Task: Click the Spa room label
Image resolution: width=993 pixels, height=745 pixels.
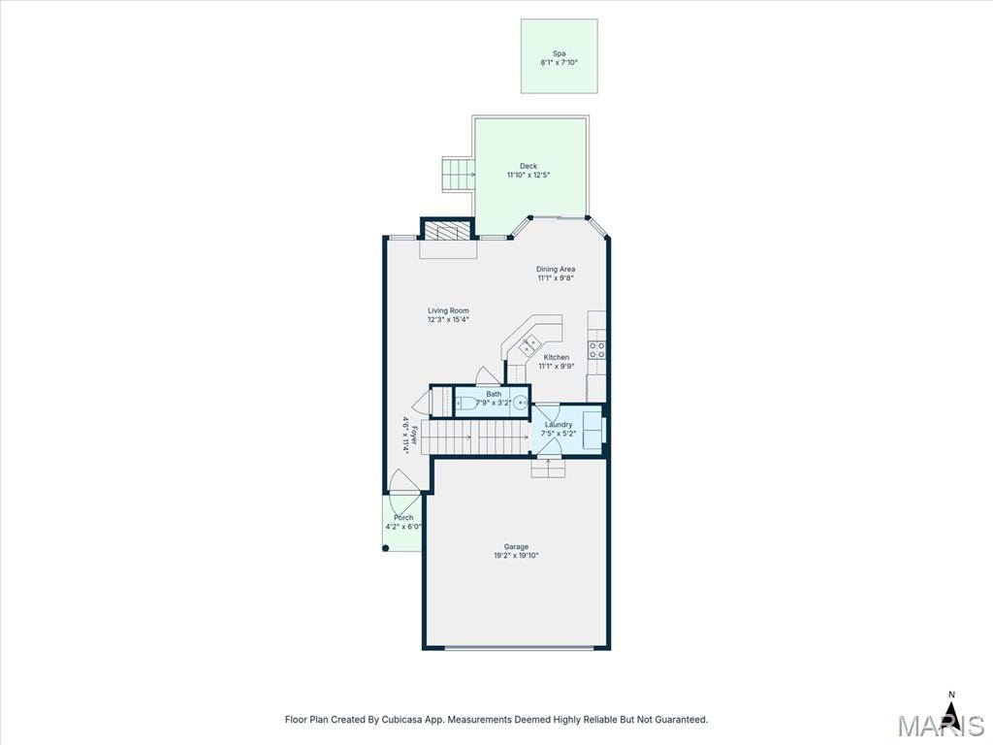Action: (x=559, y=54)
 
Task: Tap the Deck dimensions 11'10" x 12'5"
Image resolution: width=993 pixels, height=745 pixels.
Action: (x=529, y=175)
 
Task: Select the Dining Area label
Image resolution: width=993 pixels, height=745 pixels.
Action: (x=556, y=270)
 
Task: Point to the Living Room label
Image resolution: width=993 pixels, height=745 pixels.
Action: (x=448, y=310)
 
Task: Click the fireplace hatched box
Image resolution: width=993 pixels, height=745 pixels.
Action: (x=448, y=230)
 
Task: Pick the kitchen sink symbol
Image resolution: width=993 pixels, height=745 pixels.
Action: (x=529, y=345)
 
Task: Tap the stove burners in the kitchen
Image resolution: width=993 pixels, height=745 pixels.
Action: (x=596, y=350)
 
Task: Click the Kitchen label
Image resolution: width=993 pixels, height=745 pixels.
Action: (x=556, y=357)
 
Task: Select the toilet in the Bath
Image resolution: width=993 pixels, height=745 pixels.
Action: (x=465, y=403)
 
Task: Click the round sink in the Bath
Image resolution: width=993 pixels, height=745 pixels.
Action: (x=520, y=403)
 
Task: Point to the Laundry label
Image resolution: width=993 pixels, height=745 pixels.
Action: (x=559, y=425)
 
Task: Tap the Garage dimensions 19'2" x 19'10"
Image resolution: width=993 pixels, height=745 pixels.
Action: (x=516, y=556)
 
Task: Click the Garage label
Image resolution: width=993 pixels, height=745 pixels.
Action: (x=516, y=547)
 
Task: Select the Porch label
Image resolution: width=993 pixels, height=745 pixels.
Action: (x=403, y=518)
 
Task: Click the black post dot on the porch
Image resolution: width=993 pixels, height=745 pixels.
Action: (x=386, y=548)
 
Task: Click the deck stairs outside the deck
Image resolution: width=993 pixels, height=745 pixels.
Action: (x=458, y=176)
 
